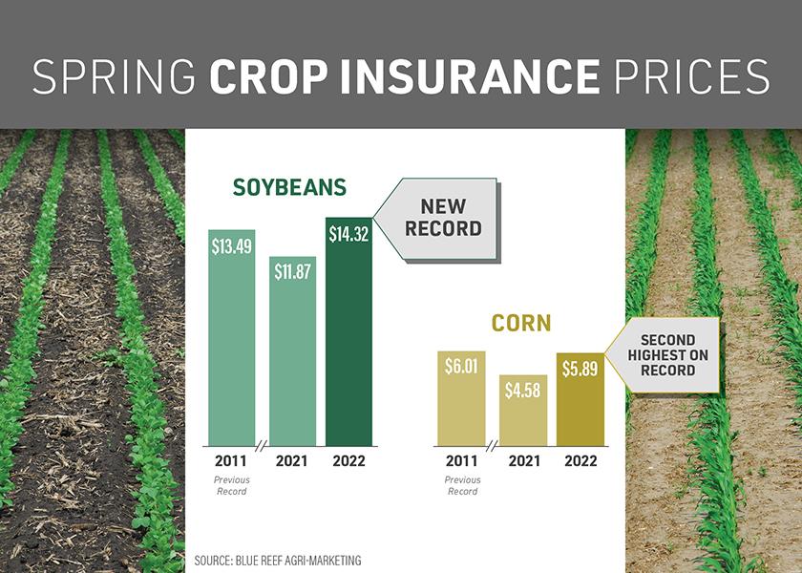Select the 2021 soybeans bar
(x=291, y=353)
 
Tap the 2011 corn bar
(x=462, y=401)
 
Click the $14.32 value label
(x=348, y=234)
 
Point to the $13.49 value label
(x=232, y=245)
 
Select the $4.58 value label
(x=522, y=391)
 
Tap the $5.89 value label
(x=580, y=369)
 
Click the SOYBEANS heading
(x=289, y=187)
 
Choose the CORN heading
(x=521, y=324)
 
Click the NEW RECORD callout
(x=442, y=218)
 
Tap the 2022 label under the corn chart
(x=580, y=460)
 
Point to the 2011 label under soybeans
(x=231, y=460)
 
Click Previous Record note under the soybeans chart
(x=231, y=486)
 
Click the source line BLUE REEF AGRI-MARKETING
(x=277, y=561)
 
